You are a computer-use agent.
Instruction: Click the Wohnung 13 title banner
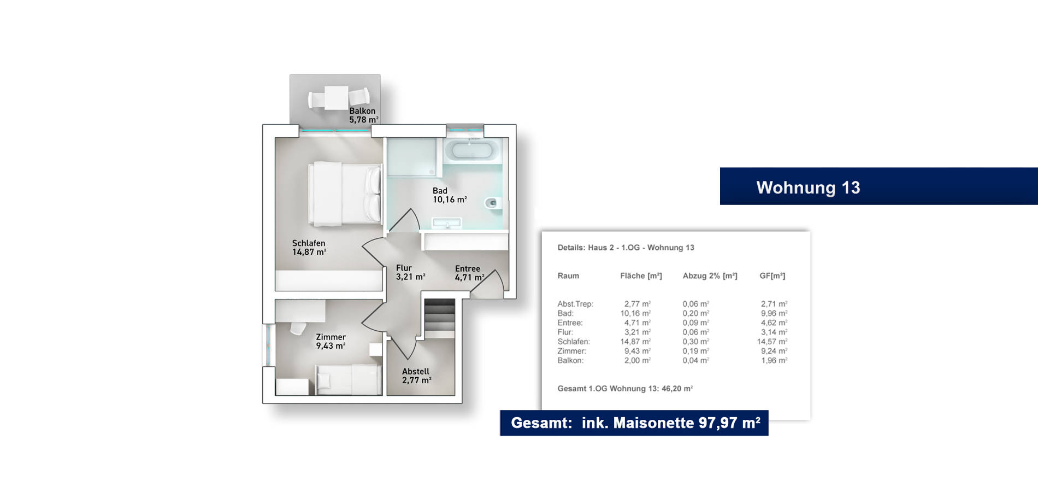coord(878,186)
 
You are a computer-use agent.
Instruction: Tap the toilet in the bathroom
coord(492,203)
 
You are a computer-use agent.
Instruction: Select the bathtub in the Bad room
coord(471,150)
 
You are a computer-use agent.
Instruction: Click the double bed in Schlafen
coord(345,194)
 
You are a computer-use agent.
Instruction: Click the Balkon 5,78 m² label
coord(364,115)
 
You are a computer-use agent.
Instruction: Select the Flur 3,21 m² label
coord(410,272)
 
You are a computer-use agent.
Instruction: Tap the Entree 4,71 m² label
coord(469,273)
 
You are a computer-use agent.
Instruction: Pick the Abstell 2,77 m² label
coord(416,376)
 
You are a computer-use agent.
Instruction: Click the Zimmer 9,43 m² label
coord(331,341)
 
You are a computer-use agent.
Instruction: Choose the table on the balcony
coord(337,98)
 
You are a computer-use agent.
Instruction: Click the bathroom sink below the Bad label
coord(447,223)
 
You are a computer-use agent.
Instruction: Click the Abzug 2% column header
coord(710,276)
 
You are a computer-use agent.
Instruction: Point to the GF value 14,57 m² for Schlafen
coord(772,342)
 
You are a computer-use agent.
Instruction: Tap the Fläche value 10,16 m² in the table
coord(635,313)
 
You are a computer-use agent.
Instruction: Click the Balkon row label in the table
coord(571,361)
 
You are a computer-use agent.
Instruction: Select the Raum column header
coord(568,276)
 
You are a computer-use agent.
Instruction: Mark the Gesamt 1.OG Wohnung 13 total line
coord(625,389)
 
